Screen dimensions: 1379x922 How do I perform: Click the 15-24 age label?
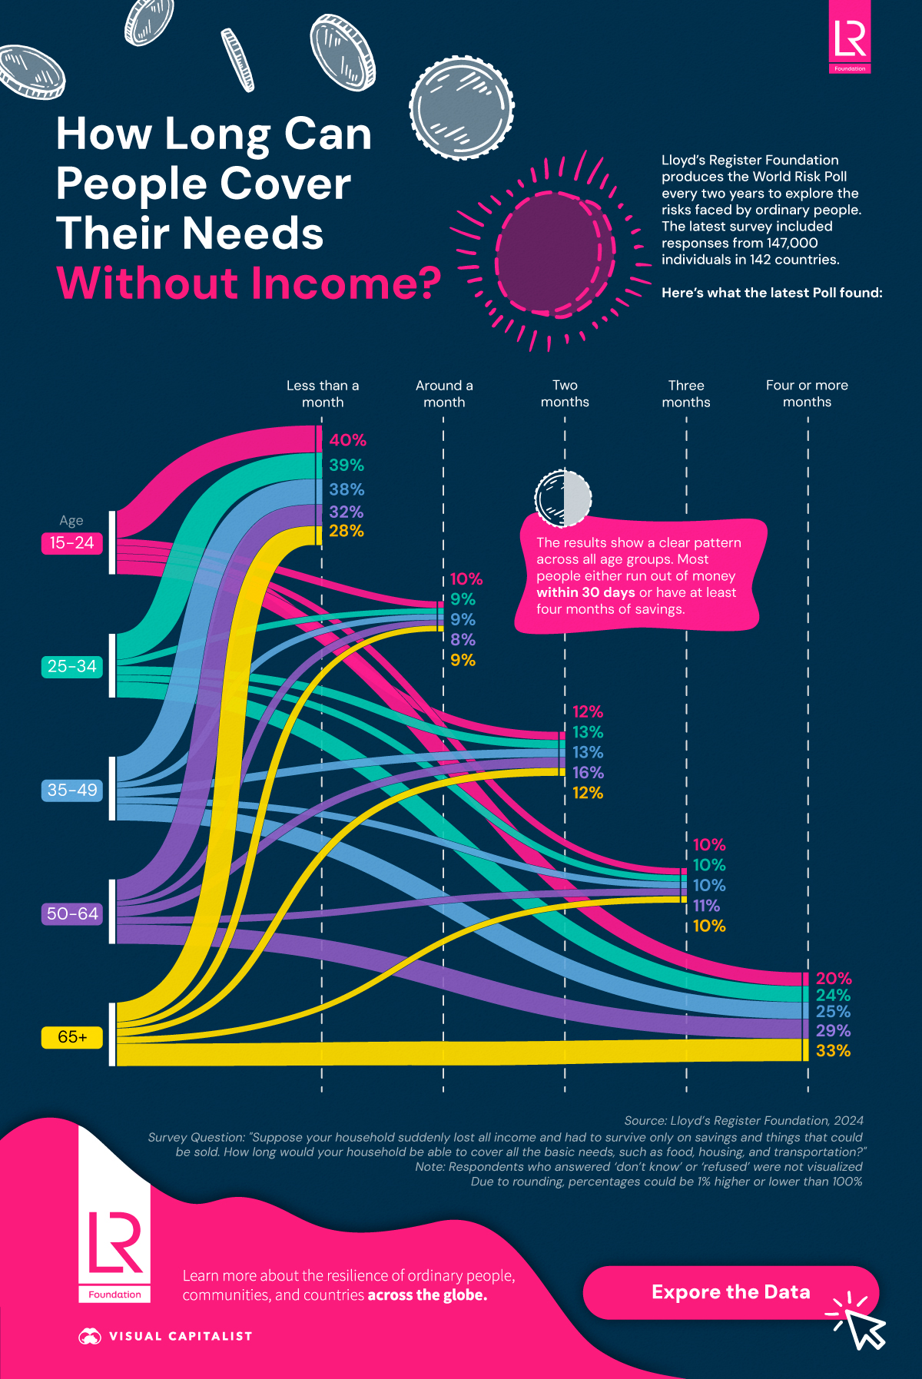pyautogui.click(x=71, y=543)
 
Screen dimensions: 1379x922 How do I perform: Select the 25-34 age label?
pyautogui.click(x=71, y=667)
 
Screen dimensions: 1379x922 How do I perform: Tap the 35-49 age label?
pyautogui.click(x=72, y=790)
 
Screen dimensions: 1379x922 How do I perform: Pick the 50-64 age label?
pyautogui.click(x=72, y=913)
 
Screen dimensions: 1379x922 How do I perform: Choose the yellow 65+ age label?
pyautogui.click(x=72, y=1037)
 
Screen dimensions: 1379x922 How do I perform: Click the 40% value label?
pyautogui.click(x=347, y=440)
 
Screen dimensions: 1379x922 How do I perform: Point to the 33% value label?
pyautogui.click(x=833, y=1051)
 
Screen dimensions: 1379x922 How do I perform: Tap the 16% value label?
pyautogui.click(x=588, y=773)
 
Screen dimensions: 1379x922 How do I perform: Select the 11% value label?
pyautogui.click(x=706, y=906)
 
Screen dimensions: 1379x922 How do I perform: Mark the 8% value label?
pyautogui.click(x=463, y=640)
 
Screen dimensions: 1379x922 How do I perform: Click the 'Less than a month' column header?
pyautogui.click(x=323, y=393)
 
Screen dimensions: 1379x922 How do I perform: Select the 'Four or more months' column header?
pyautogui.click(x=807, y=393)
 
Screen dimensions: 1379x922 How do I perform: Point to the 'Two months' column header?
pyautogui.click(x=565, y=393)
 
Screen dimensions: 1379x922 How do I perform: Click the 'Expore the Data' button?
pyautogui.click(x=730, y=1292)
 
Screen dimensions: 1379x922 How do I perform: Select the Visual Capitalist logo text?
pyautogui.click(x=180, y=1336)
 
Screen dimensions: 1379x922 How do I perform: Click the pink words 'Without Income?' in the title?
pyautogui.click(x=248, y=283)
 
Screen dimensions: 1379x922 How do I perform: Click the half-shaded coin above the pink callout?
pyautogui.click(x=563, y=497)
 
